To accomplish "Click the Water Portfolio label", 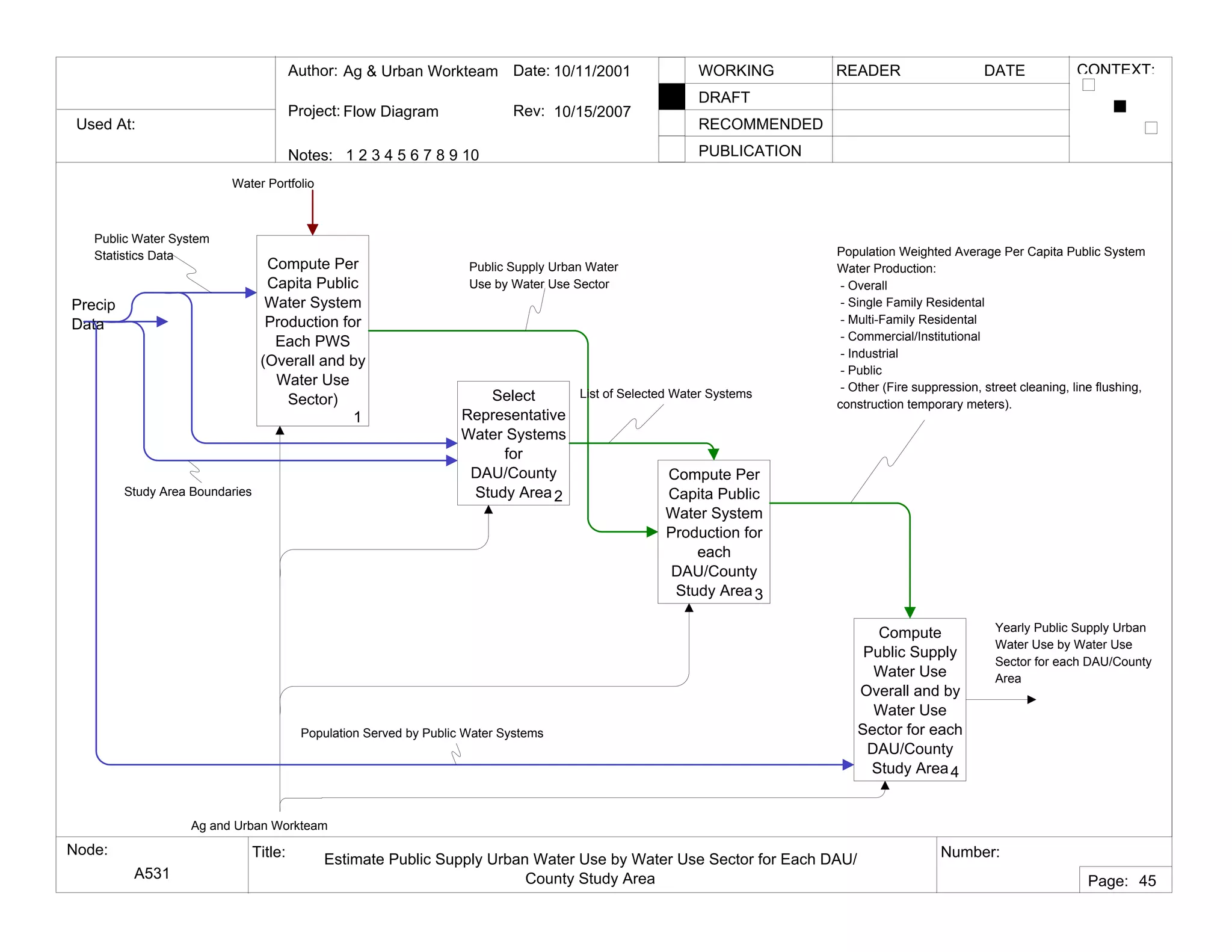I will [x=273, y=184].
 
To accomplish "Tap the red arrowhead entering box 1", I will [x=312, y=229].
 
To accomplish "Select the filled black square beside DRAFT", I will [x=671, y=97].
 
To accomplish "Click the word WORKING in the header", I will [x=736, y=70].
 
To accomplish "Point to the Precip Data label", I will [x=93, y=314].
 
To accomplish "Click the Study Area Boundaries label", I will [x=188, y=492].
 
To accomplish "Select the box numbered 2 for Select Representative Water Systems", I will [x=513, y=443].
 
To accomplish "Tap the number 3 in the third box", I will [x=759, y=595].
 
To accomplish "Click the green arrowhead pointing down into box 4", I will [x=910, y=613].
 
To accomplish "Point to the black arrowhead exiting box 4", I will [x=1032, y=699].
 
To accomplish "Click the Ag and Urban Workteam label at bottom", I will [x=259, y=826].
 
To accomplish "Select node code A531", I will [x=152, y=873].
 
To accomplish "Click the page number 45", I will [x=1147, y=881].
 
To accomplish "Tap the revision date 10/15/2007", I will [x=592, y=111].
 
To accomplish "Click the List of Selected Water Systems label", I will [x=665, y=394].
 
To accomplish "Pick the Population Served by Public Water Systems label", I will [x=422, y=733].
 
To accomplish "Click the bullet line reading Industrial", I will [x=872, y=353].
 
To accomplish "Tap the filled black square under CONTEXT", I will [x=1120, y=107].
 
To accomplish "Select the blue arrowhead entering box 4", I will [x=848, y=765].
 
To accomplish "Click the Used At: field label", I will [x=105, y=124].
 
